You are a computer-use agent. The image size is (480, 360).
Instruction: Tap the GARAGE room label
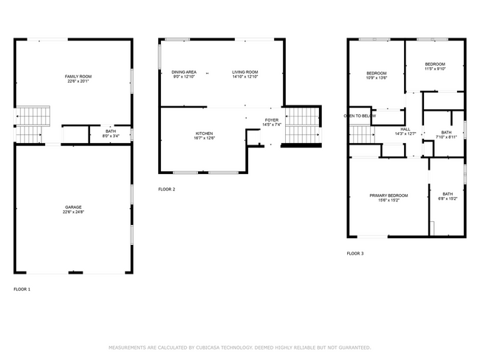click(x=72, y=207)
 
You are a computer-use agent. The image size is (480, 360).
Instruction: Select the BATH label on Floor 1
click(x=111, y=131)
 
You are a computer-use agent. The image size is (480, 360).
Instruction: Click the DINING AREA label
click(x=184, y=72)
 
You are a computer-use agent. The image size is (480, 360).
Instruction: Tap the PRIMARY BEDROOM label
click(x=388, y=195)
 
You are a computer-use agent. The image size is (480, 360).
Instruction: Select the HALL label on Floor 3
click(x=405, y=129)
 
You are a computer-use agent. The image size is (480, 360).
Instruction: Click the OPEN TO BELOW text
click(x=360, y=116)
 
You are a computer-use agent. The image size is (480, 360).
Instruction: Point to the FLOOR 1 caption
click(x=22, y=289)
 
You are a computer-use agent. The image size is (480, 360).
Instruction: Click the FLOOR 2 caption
click(x=167, y=190)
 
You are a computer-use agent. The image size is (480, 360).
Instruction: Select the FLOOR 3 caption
click(x=355, y=253)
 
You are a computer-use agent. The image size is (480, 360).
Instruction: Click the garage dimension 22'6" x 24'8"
click(x=72, y=212)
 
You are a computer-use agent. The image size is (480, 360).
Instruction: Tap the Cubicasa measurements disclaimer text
click(x=239, y=347)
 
